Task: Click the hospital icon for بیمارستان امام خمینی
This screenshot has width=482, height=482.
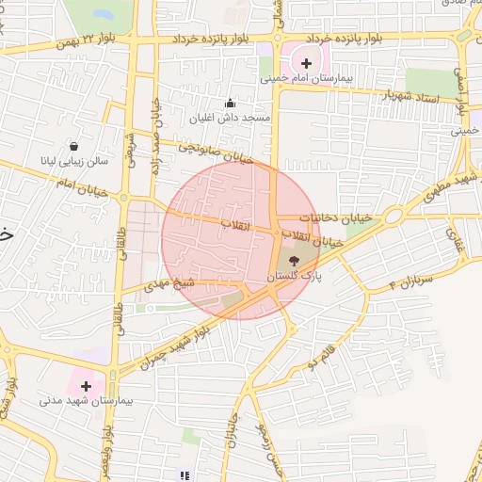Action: point(307,65)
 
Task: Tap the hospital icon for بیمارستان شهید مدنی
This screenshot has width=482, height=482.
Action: point(87,385)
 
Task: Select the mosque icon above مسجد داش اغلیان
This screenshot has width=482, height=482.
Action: point(231,103)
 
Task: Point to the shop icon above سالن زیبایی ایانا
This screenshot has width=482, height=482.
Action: point(73,146)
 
